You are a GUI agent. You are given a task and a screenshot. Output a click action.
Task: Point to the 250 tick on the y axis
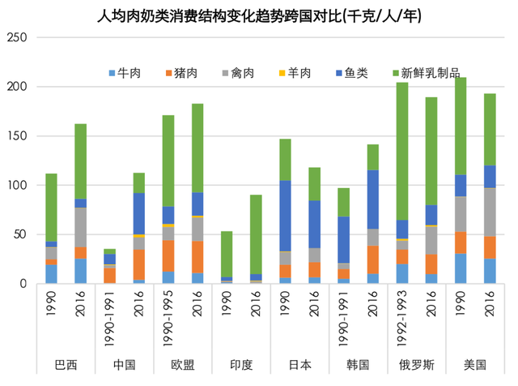pos(17,37)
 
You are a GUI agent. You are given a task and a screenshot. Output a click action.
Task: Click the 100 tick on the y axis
pos(17,185)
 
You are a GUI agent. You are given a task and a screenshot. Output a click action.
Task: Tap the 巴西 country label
pos(66,364)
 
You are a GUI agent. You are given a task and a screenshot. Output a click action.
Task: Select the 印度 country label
pos(242,364)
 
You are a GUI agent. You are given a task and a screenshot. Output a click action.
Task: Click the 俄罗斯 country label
pos(417,364)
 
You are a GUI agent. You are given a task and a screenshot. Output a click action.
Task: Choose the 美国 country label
pos(475,364)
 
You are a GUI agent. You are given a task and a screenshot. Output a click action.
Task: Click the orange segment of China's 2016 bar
pos(139,264)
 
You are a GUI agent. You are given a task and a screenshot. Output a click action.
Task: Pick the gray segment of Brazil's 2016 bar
pos(81,228)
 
